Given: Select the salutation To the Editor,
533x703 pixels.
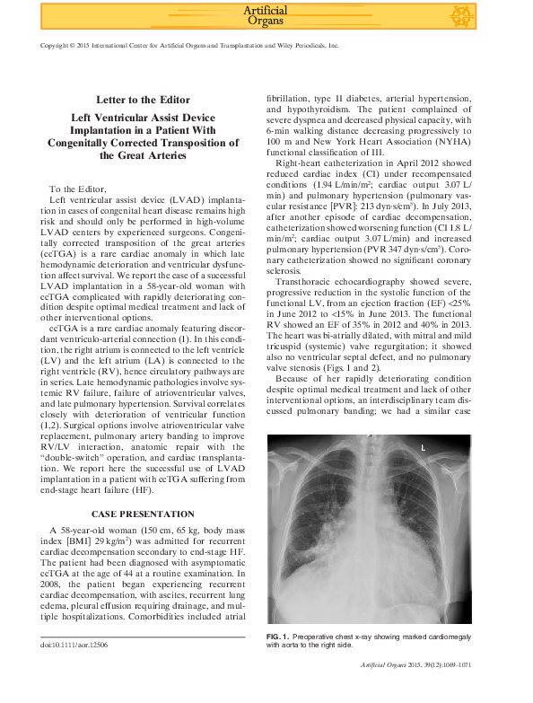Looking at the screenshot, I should [78, 189].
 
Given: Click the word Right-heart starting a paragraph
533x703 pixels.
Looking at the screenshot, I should [303, 163].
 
